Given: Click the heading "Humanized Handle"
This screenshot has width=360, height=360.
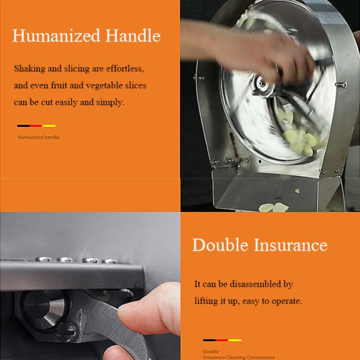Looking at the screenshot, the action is tap(86, 35).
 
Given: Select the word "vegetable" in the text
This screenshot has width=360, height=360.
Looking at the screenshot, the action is tap(104, 86).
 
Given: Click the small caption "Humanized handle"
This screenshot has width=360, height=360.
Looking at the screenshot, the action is tap(39, 137).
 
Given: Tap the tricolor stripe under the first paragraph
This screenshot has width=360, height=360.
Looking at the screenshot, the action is tap(37, 126).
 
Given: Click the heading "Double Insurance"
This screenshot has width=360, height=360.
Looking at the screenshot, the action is tap(260, 245).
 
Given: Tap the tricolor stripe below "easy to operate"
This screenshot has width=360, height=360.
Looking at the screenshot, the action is tap(222, 340).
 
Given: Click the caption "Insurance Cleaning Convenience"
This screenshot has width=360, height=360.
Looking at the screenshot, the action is tap(239, 357).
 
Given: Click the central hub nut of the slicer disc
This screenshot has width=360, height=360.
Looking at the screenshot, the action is tap(263, 85).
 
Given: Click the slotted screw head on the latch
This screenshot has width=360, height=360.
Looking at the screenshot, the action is tap(66, 331).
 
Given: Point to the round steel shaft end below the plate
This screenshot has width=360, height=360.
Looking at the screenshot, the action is tap(44, 308).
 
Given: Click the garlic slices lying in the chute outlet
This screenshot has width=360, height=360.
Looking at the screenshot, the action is tap(274, 207).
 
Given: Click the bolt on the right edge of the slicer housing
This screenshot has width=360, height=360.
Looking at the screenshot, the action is tap(341, 85).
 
